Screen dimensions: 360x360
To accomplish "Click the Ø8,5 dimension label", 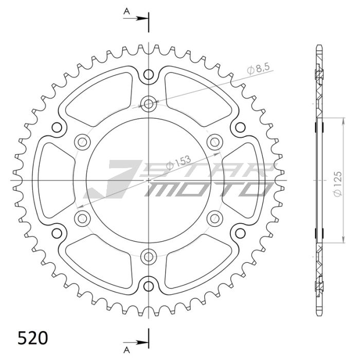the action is (258, 68).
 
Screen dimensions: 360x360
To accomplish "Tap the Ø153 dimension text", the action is (178, 163).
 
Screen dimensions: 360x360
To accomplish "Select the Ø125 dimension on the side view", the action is (338, 184).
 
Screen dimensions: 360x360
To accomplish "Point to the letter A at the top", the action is (127, 11).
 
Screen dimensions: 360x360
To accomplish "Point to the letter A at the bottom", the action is (127, 350).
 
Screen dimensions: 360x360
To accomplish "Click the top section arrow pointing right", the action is (136, 19).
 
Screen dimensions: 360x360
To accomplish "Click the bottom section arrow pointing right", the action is (136, 343).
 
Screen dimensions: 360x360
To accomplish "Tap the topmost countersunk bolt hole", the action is (149, 104).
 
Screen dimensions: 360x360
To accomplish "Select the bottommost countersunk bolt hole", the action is (149, 257).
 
